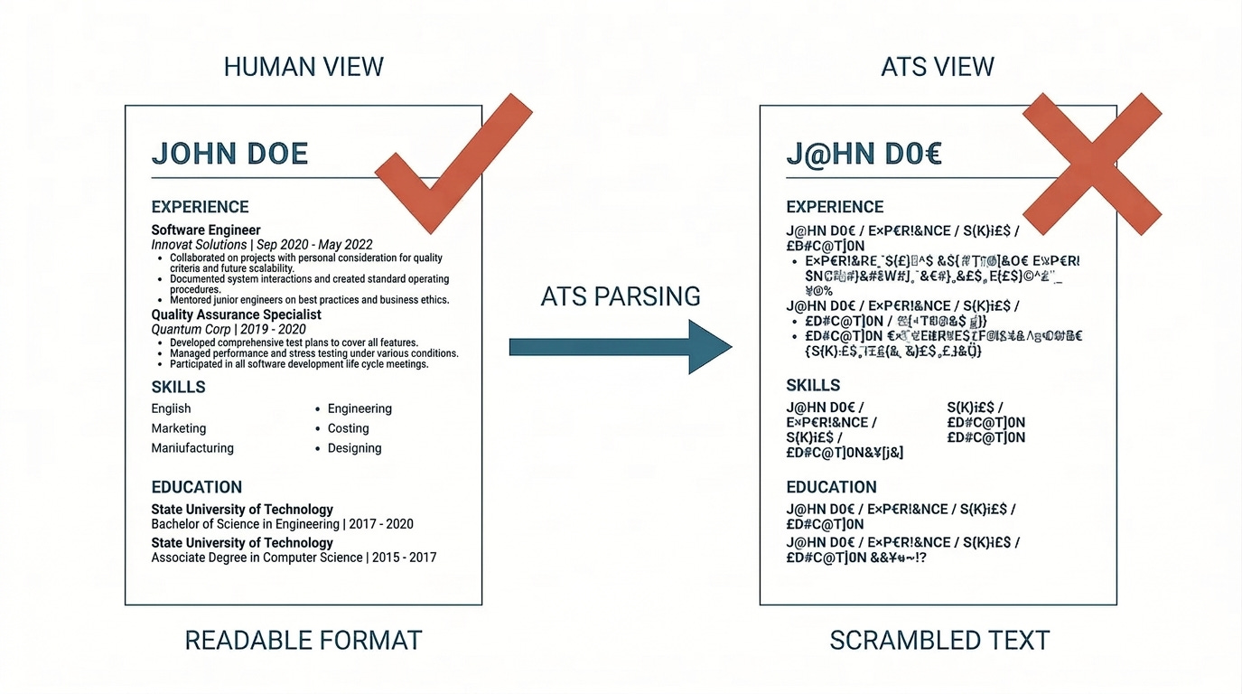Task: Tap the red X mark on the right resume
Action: point(1092,165)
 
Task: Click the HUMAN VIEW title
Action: point(303,67)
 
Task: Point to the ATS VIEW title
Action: point(938,67)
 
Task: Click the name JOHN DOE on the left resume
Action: point(229,154)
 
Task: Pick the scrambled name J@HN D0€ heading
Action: point(864,154)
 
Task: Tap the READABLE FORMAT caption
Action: point(303,641)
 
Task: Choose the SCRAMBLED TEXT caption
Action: point(939,641)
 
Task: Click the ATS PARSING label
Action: point(621,295)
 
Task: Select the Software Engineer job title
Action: point(206,230)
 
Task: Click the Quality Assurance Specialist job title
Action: point(236,314)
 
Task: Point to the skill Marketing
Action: point(179,428)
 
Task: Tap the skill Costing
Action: point(348,428)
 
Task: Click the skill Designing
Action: point(354,448)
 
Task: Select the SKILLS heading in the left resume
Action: point(179,387)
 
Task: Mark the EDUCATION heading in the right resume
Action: point(831,487)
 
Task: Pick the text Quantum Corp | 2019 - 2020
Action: point(229,329)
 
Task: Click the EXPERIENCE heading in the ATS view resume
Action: point(835,207)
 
